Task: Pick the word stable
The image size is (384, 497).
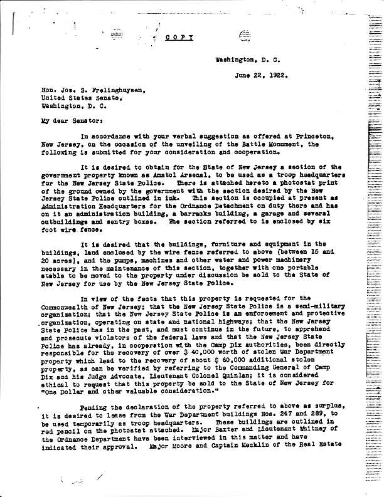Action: tap(55, 274)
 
